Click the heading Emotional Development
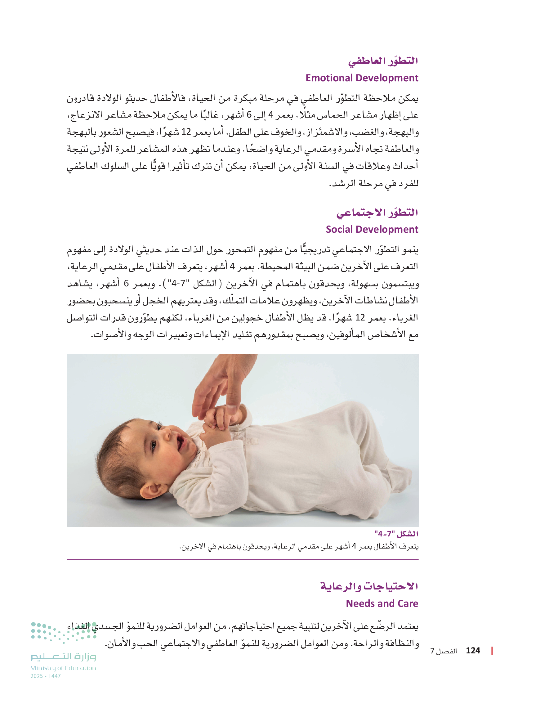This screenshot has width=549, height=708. pyautogui.click(x=362, y=78)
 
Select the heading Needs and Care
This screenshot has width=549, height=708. pyautogui.click(x=382, y=604)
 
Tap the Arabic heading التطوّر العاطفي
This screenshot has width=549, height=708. pyautogui.click(x=383, y=61)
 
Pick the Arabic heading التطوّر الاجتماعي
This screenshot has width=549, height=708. pyautogui.click(x=377, y=213)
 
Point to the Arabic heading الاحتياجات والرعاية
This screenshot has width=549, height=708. pyautogui.click(x=369, y=586)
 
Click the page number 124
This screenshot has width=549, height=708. pyautogui.click(x=473, y=651)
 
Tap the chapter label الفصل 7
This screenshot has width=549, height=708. pyautogui.click(x=443, y=651)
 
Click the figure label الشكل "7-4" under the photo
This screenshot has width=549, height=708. pyautogui.click(x=396, y=534)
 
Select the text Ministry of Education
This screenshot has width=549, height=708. pyautogui.click(x=63, y=668)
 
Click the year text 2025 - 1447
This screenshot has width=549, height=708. pyautogui.click(x=45, y=676)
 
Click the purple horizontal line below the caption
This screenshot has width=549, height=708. pyautogui.click(x=243, y=560)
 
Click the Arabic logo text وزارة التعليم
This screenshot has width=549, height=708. pyautogui.click(x=63, y=656)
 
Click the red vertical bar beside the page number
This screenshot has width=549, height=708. pyautogui.click(x=492, y=651)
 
